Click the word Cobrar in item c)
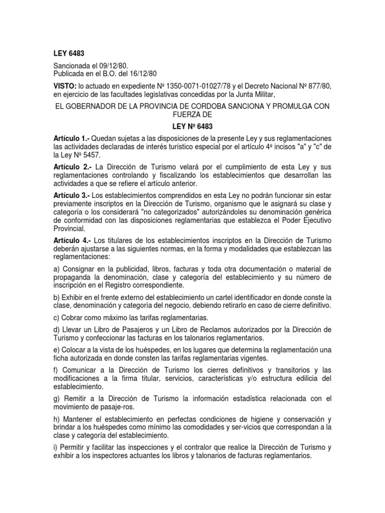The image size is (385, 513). [74, 318]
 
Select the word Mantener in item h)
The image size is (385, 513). [78, 419]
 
